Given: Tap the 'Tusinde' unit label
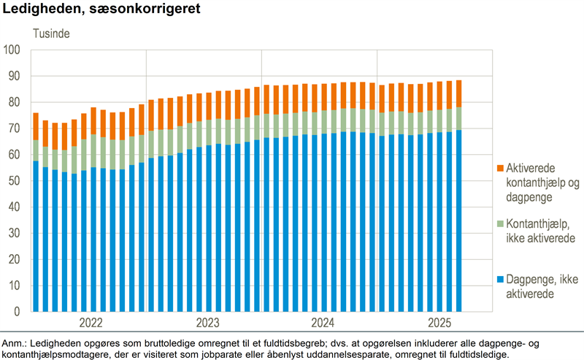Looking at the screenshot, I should pos(51,34).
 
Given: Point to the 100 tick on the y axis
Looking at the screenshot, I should pos(13,50).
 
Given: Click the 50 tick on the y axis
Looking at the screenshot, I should pos(15,181).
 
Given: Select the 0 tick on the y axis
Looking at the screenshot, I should pos(18,312).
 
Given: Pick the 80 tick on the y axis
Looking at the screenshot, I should pos(15,102).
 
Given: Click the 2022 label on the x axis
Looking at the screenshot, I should pos(91,322).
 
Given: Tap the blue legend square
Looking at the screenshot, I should pos(502,280).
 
